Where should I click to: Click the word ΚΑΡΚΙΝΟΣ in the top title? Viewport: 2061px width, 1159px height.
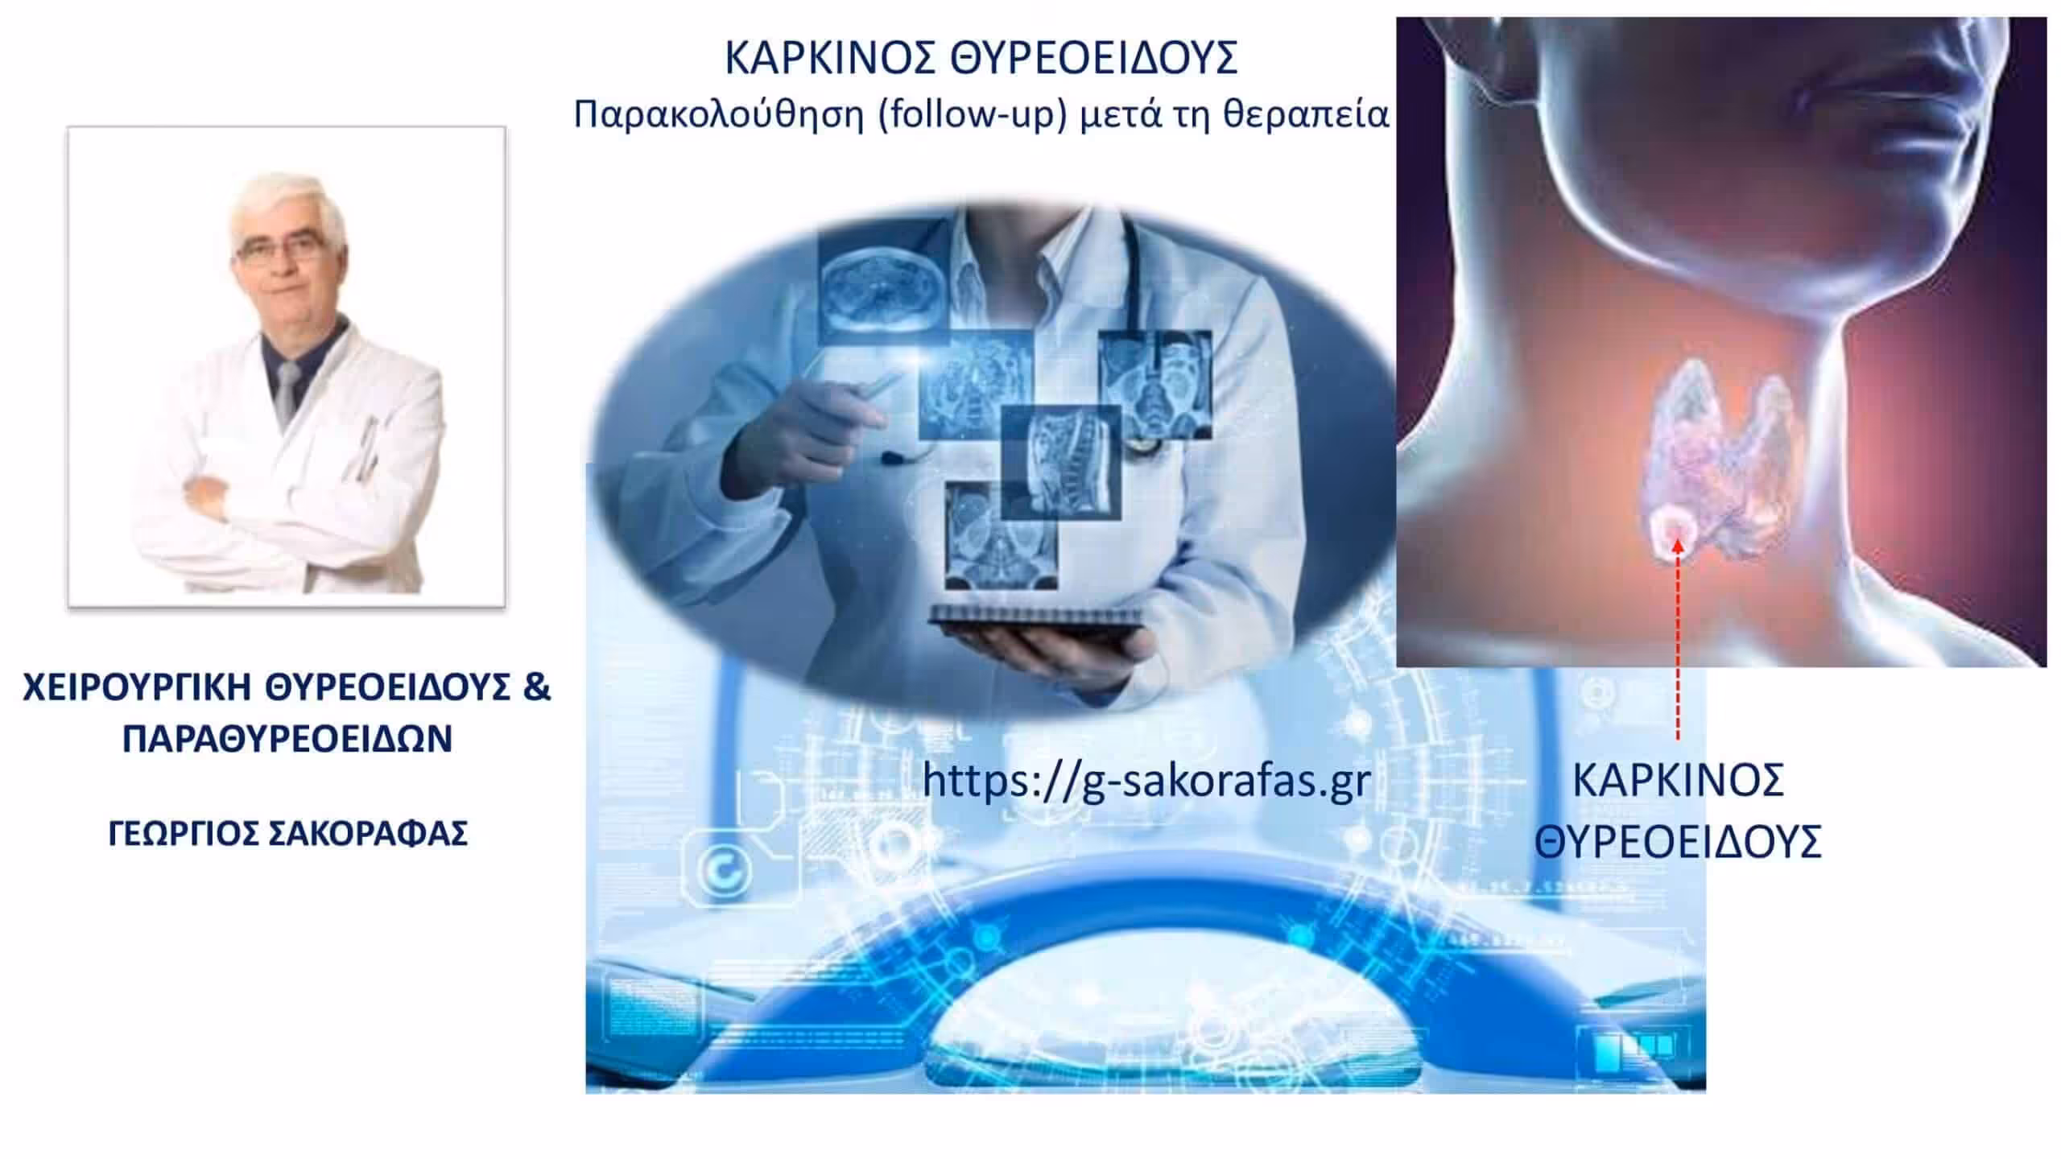pyautogui.click(x=832, y=58)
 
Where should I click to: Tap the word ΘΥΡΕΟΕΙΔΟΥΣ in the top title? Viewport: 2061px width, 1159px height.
pyautogui.click(x=1094, y=58)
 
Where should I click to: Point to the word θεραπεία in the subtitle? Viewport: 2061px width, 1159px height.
pyautogui.click(x=1306, y=114)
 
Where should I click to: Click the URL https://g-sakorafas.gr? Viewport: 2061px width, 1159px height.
pyautogui.click(x=1146, y=779)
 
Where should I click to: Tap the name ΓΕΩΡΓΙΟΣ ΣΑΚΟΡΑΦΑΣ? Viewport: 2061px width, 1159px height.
pyautogui.click(x=287, y=834)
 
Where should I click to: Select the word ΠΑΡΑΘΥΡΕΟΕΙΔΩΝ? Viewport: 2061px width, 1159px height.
pyautogui.click(x=287, y=739)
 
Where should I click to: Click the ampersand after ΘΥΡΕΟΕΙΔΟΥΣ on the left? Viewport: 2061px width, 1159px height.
pyautogui.click(x=535, y=688)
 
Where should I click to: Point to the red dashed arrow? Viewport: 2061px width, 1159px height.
pyautogui.click(x=1678, y=640)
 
